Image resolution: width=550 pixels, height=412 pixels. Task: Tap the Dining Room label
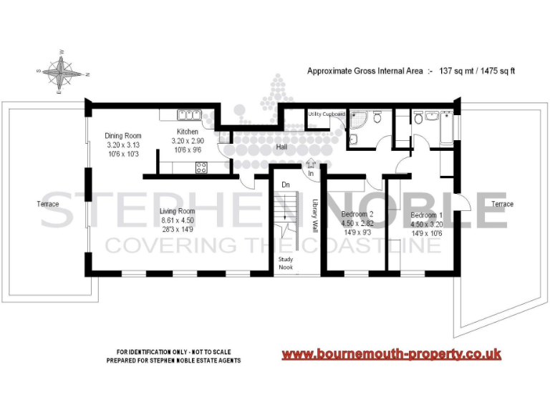[123, 136]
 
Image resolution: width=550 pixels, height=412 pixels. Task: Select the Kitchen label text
[188, 132]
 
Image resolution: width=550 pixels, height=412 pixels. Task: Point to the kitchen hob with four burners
[202, 169]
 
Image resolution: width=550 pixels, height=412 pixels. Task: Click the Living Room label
[177, 211]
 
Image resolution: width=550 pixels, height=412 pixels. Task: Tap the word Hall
[282, 147]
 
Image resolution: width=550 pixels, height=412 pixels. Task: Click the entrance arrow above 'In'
[310, 164]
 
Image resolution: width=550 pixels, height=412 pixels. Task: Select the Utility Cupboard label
[326, 114]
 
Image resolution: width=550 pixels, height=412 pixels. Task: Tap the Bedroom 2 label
[357, 215]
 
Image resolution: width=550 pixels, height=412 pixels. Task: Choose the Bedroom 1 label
[426, 215]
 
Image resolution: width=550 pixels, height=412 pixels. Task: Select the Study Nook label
[286, 264]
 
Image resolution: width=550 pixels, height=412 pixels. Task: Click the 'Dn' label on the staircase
[285, 185]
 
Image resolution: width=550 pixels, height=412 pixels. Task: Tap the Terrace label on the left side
[49, 204]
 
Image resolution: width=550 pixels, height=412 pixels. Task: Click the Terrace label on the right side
[502, 204]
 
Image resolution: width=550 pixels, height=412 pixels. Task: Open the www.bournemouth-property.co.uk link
[391, 355]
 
